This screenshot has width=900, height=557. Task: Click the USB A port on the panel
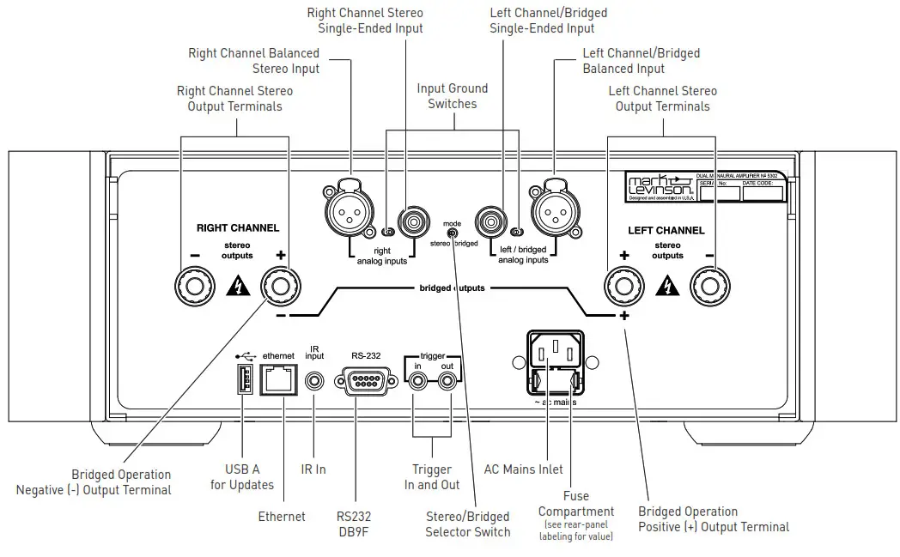242,378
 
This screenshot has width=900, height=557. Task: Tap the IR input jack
314,379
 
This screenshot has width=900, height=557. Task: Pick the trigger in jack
417,380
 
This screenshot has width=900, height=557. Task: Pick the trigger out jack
447,380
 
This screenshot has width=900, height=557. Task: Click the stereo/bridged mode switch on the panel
452,233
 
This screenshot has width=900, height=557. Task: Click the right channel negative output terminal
190,287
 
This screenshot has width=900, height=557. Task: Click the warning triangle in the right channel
234,287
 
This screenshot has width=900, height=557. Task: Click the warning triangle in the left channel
666,287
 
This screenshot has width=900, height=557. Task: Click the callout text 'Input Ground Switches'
452,95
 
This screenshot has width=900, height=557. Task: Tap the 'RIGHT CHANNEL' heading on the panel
237,228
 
